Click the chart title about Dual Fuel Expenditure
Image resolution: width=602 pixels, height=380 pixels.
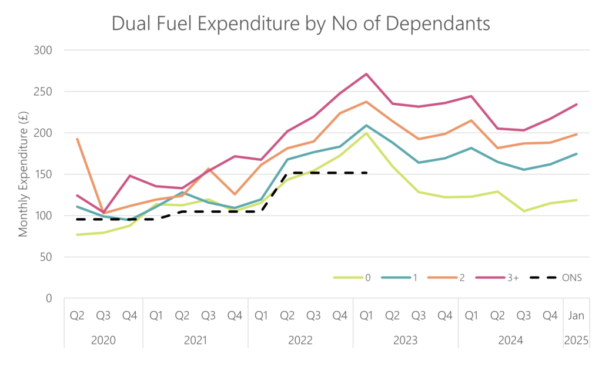tap(300, 23)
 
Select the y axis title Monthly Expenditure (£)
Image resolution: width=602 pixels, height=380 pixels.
tap(24, 174)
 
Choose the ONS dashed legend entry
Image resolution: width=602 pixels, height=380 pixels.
tap(556, 278)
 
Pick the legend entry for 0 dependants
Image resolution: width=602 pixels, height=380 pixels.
tap(352, 278)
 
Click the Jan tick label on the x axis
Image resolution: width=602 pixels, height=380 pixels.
tap(576, 315)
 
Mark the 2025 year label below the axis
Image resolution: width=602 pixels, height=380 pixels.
tap(576, 340)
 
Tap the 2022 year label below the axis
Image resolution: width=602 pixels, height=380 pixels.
tap(300, 340)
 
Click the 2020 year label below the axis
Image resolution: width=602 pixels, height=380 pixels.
tap(103, 340)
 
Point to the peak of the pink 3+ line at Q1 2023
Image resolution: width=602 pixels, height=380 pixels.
tap(366, 74)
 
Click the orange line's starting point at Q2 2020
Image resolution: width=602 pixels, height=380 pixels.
tap(77, 139)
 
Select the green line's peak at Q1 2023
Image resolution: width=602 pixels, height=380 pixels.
tap(366, 133)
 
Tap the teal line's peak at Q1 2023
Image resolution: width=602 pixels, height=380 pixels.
tap(366, 125)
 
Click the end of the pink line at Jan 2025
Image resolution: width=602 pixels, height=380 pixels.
tap(577, 105)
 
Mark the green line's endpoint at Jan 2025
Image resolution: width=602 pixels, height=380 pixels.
tap(577, 200)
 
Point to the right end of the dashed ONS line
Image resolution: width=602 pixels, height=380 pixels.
tap(366, 173)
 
